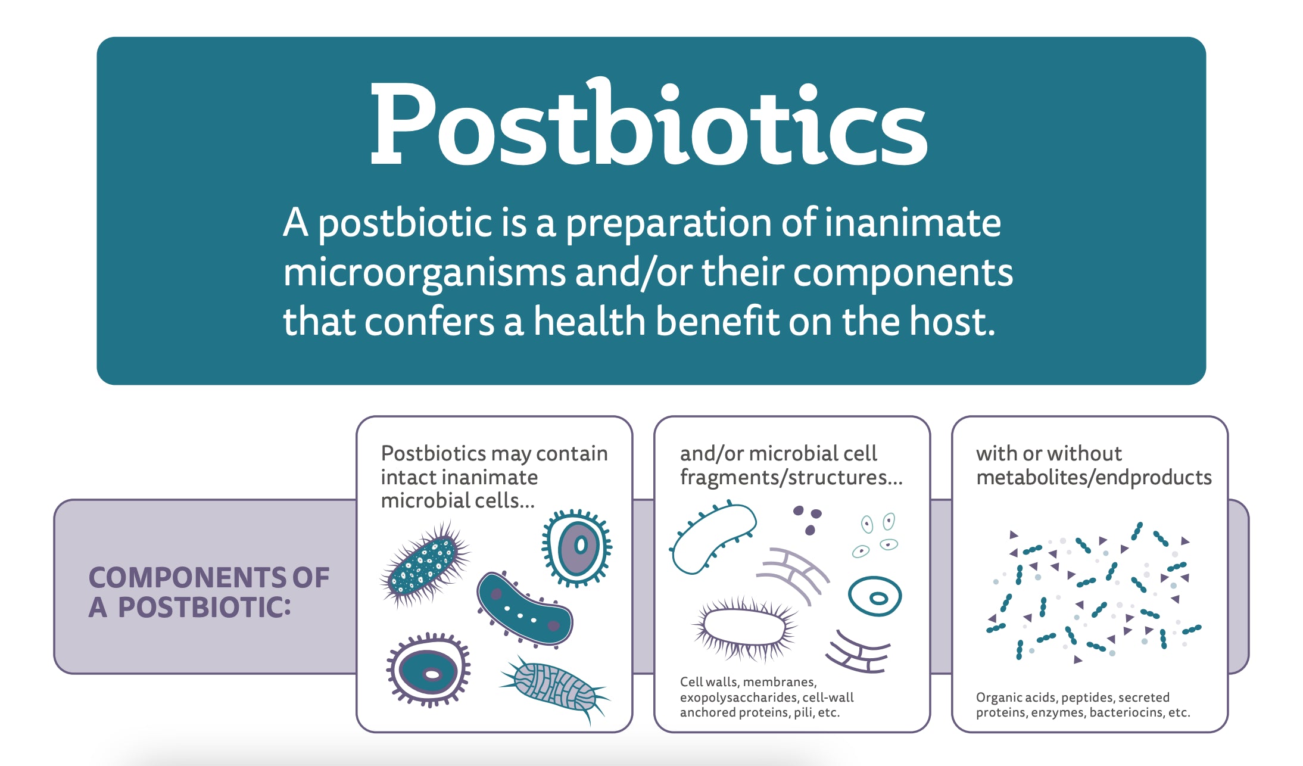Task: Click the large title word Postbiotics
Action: (x=648, y=125)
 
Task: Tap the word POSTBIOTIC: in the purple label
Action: (x=204, y=608)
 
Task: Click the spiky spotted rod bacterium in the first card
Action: (x=423, y=563)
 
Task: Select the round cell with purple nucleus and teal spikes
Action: (x=576, y=547)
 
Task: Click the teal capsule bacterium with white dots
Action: (x=524, y=609)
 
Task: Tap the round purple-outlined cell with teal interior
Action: (x=429, y=670)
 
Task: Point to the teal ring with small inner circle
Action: (x=874, y=596)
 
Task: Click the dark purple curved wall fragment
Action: (x=858, y=653)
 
